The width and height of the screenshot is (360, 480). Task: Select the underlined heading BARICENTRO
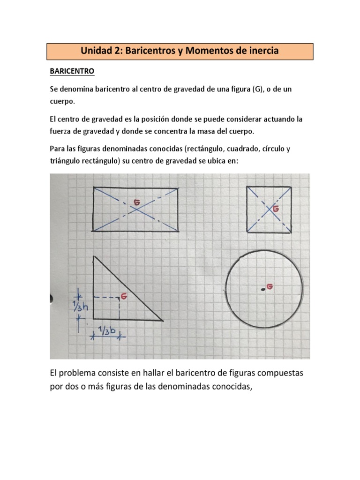coord(72,71)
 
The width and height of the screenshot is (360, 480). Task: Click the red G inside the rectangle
coord(137,202)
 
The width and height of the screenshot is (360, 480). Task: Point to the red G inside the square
coord(276,209)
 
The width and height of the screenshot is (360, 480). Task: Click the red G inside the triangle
coord(124,296)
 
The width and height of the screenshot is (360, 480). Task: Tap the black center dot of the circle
coord(263,290)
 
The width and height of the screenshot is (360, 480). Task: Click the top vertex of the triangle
coord(95,256)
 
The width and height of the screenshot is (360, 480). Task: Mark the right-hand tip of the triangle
coord(163,321)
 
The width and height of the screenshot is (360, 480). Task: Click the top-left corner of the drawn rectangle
coord(94,187)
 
